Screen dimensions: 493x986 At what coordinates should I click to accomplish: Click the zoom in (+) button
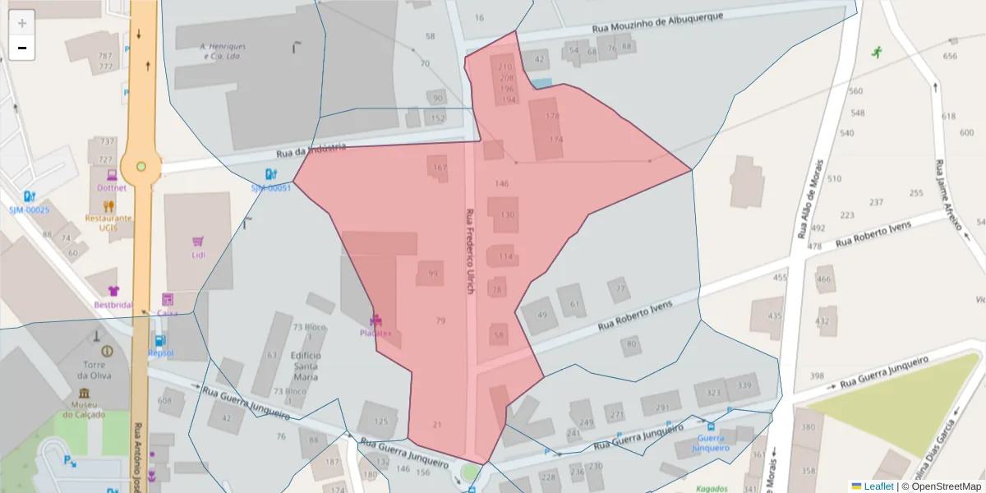pyautogui.click(x=22, y=23)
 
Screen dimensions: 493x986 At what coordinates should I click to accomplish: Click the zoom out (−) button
pyautogui.click(x=22, y=48)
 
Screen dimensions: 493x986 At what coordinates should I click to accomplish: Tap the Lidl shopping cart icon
pyautogui.click(x=197, y=242)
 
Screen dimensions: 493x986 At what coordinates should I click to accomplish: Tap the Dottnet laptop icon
pyautogui.click(x=112, y=174)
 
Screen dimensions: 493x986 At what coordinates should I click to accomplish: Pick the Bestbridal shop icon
pyautogui.click(x=113, y=291)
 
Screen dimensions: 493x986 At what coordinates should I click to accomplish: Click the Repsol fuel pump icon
pyautogui.click(x=159, y=340)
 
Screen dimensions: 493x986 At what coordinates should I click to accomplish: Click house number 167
pyautogui.click(x=440, y=168)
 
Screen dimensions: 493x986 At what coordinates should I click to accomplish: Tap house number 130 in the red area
pyautogui.click(x=507, y=214)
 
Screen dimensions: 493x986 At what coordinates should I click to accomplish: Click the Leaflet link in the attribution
pyautogui.click(x=878, y=486)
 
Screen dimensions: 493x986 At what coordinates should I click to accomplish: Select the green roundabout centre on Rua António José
pyautogui.click(x=141, y=167)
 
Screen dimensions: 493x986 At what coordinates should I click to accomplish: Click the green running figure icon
pyautogui.click(x=877, y=52)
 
